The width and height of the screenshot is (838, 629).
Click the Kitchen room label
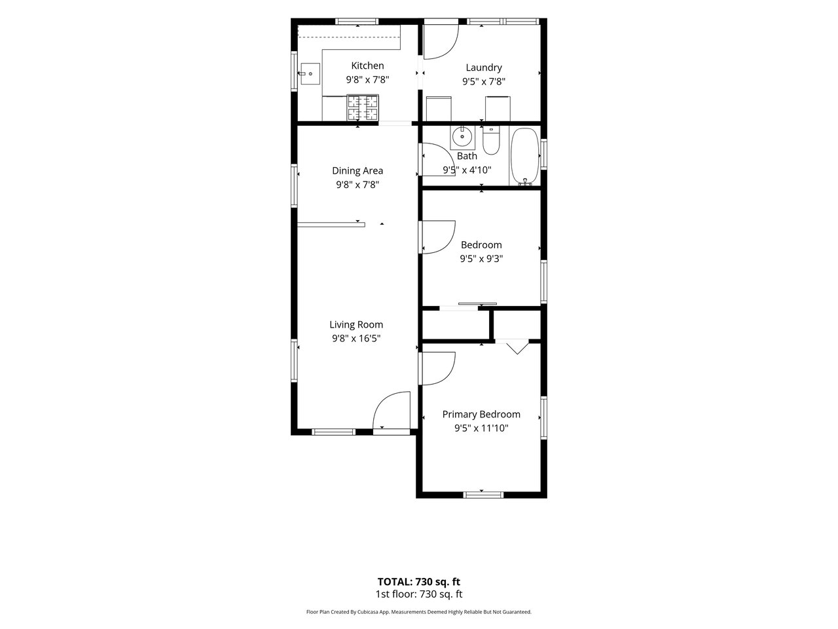click(367, 66)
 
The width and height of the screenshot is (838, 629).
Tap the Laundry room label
click(484, 67)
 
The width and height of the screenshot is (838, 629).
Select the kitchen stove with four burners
click(363, 107)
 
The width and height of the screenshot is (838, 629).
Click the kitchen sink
click(310, 73)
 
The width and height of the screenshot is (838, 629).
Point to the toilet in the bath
click(491, 140)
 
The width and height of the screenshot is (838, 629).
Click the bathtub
click(525, 157)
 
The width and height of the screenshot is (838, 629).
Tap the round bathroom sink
click(462, 136)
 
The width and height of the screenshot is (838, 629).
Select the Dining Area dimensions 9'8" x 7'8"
click(357, 185)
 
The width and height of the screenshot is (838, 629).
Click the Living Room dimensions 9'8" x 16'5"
click(356, 338)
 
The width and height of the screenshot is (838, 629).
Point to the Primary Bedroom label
click(481, 414)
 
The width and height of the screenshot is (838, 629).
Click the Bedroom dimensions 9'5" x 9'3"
click(481, 259)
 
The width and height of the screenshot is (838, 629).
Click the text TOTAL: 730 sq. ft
click(419, 582)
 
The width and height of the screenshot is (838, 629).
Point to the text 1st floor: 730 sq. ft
click(419, 594)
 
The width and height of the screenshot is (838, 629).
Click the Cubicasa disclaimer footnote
click(419, 612)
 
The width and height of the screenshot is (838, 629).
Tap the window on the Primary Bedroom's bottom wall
click(483, 495)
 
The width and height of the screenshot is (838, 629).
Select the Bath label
click(467, 156)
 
